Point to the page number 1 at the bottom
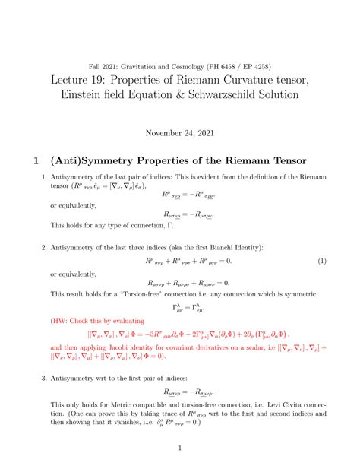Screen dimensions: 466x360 pos(180,449)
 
